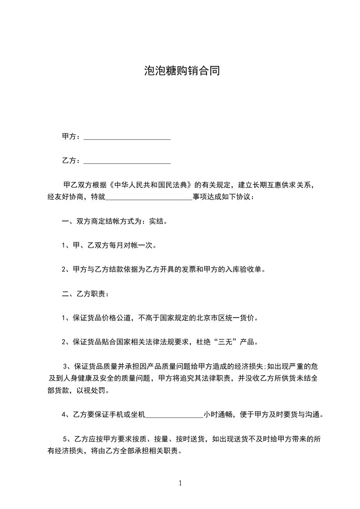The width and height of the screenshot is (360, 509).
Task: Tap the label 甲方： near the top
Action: (x=71, y=137)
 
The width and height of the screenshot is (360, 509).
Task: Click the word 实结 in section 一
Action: (x=161, y=222)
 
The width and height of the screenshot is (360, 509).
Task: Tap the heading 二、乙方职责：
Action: (x=85, y=294)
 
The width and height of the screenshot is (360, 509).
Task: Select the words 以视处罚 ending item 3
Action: (x=95, y=391)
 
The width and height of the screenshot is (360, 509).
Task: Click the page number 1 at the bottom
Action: (x=180, y=483)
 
